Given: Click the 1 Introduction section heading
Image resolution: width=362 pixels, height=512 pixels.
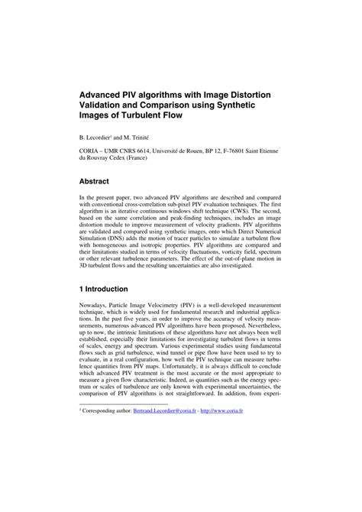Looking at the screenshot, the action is [x=109, y=311].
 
